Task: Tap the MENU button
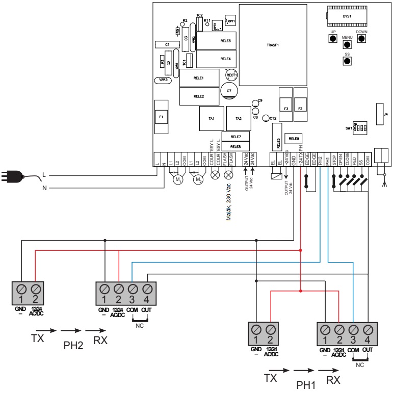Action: pyautogui.click(x=347, y=44)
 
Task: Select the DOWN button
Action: pyautogui.click(x=362, y=39)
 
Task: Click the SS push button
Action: pyautogui.click(x=347, y=61)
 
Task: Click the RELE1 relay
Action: pyautogui.click(x=199, y=78)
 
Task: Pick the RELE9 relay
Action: pyautogui.click(x=294, y=138)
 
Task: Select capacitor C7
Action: pyautogui.click(x=229, y=91)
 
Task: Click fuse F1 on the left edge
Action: pyautogui.click(x=162, y=116)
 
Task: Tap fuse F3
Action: pyautogui.click(x=286, y=108)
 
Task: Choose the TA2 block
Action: pyautogui.click(x=238, y=118)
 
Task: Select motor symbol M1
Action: pyautogui.click(x=178, y=180)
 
